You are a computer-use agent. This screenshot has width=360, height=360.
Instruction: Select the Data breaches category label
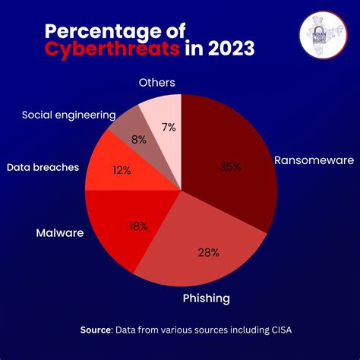(x=43, y=166)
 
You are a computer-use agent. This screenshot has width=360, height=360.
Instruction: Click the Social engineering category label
(x=68, y=115)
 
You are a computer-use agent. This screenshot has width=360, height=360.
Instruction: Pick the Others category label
(x=157, y=82)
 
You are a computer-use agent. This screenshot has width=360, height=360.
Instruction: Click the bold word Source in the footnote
(x=97, y=330)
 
